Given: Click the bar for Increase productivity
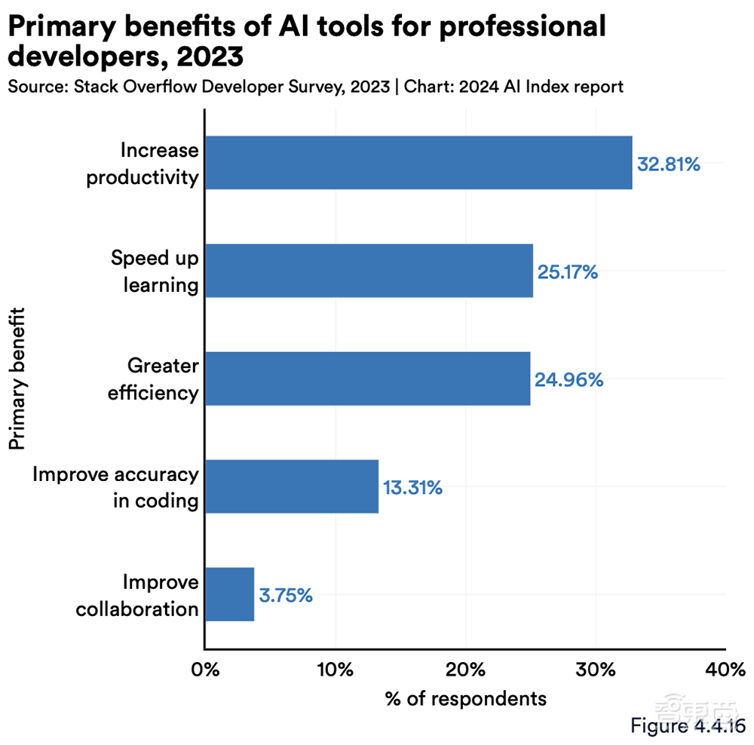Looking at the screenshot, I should click(x=418, y=163).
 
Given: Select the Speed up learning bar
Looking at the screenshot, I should click(x=369, y=271).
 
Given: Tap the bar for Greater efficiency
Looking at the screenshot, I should click(x=368, y=379).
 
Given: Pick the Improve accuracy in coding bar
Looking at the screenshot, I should click(x=292, y=486).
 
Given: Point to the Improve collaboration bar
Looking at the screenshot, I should click(x=230, y=594).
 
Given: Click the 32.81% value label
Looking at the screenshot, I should click(x=669, y=164).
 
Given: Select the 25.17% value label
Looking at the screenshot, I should click(x=566, y=271).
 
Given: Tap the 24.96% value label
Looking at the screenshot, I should click(x=569, y=379).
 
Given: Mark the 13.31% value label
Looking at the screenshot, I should click(x=412, y=488).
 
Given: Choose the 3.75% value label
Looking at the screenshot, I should click(x=286, y=595).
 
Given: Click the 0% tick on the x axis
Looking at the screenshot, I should click(x=205, y=669).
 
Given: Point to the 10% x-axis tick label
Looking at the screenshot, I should click(x=335, y=669).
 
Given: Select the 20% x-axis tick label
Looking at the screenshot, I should click(x=465, y=669).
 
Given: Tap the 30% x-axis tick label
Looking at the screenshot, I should click(x=596, y=669).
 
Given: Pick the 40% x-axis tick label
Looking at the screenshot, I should click(x=725, y=669).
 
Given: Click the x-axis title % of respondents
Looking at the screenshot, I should click(x=465, y=698).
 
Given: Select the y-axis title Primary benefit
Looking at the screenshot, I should click(x=18, y=377).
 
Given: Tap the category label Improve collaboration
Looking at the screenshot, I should click(x=138, y=596).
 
